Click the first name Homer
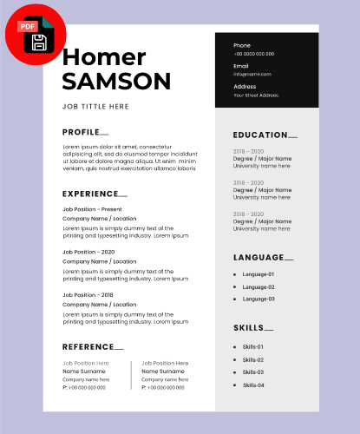(104, 57)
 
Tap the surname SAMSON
(116, 82)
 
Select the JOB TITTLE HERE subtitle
(95, 106)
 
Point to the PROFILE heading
(81, 132)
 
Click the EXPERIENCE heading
(90, 194)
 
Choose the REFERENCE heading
(88, 346)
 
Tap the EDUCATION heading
(260, 135)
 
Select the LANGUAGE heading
(259, 257)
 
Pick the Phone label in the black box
(242, 45)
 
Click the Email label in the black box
(241, 65)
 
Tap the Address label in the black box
(245, 86)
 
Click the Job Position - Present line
(92, 209)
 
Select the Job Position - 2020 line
(88, 252)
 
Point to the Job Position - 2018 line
(88, 295)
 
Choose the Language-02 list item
(259, 286)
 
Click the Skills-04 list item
(253, 385)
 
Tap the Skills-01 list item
(252, 346)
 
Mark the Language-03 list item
(259, 299)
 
